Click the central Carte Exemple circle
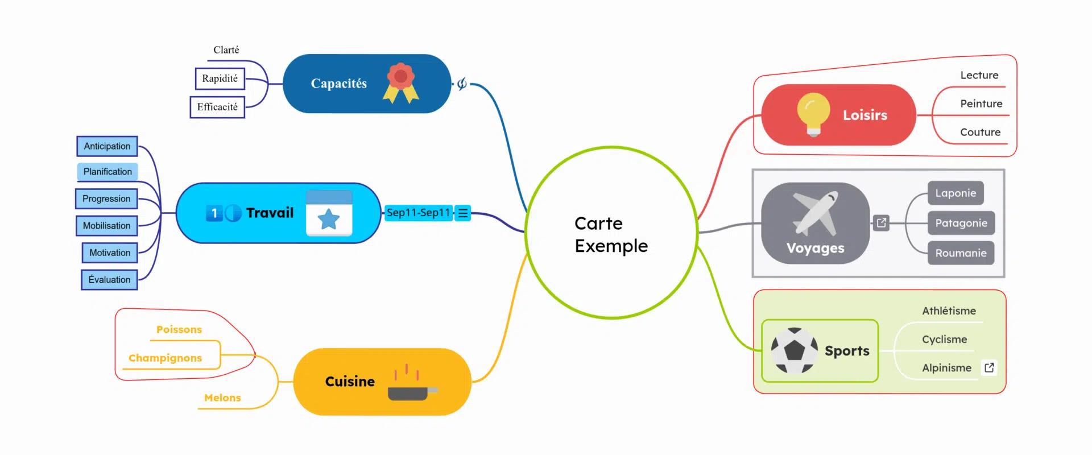coord(611,233)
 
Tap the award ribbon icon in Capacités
coord(401,83)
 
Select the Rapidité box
coord(220,78)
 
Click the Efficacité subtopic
coord(217,107)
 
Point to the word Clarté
coord(226,50)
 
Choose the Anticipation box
coord(107,146)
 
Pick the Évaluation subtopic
coord(109,280)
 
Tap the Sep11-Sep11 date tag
coord(418,213)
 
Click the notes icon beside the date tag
coord(463,213)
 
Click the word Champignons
coord(165,358)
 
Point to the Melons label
coord(222,398)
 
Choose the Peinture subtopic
coord(981,104)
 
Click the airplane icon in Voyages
coord(816,213)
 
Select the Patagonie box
coord(961,223)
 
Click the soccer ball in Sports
coord(794,350)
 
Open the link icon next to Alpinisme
coord(989,367)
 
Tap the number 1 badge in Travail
coord(214,213)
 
